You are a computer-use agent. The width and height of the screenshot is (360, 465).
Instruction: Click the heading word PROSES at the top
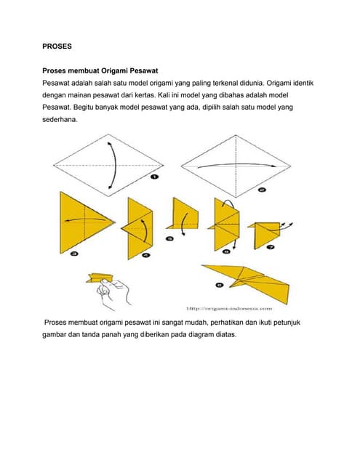pos(57,46)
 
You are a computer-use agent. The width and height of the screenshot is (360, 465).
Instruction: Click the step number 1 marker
pos(154,177)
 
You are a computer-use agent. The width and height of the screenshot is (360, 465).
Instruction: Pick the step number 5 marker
pos(169,238)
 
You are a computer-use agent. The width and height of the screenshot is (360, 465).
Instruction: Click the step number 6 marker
pos(226,251)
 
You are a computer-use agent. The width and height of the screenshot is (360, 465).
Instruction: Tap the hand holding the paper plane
pos(116,292)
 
